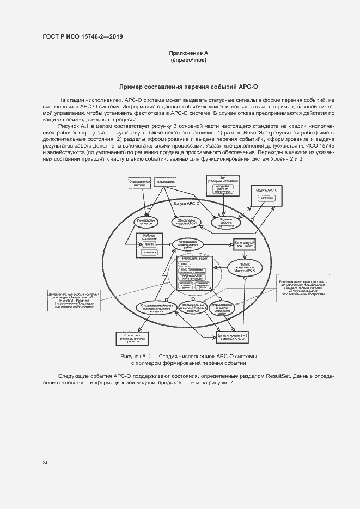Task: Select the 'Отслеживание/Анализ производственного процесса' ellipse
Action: [x=157, y=308]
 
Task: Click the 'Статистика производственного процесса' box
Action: [x=137, y=339]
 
